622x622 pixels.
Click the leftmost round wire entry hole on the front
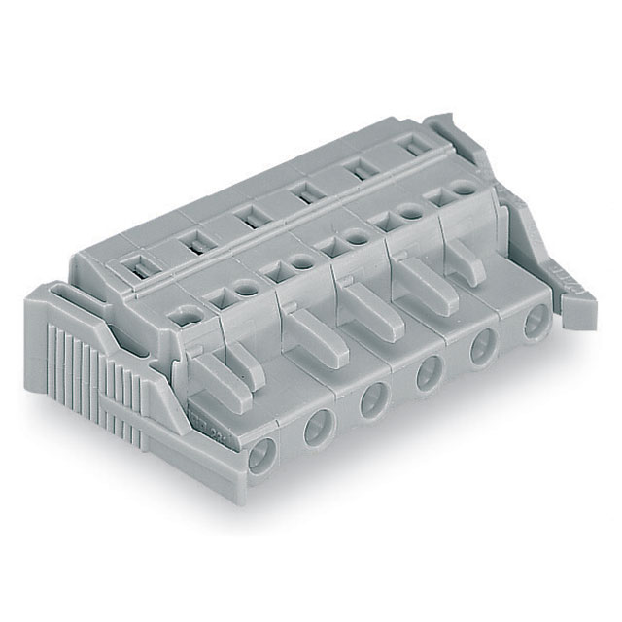pos(261,454)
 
